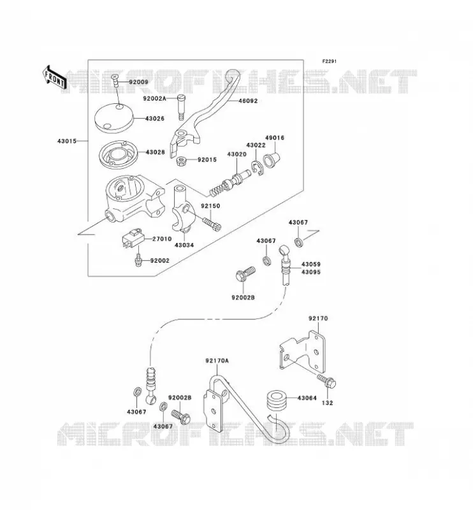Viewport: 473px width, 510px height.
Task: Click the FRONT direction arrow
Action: coord(54,78)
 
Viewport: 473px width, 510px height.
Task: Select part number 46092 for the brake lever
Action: coord(248,101)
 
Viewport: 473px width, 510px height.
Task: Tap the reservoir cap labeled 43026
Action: coord(114,118)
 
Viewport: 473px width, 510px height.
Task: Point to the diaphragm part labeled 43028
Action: coord(118,155)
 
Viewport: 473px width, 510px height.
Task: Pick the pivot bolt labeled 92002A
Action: coord(181,107)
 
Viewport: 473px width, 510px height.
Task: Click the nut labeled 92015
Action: coord(181,161)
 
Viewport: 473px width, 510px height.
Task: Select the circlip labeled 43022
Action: coord(257,168)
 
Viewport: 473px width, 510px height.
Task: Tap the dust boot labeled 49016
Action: coord(272,159)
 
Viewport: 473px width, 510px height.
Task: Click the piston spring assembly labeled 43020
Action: coord(229,184)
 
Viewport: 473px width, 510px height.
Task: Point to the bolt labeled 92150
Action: coord(212,224)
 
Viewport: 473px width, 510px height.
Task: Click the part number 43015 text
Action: coord(67,141)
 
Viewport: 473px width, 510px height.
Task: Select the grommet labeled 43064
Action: coord(276,403)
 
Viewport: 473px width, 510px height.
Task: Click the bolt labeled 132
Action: coord(327,381)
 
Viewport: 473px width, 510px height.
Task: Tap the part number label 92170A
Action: coord(217,361)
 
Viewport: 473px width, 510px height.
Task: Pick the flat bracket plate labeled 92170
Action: coord(303,352)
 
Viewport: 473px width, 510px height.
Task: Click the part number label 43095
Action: coord(311,272)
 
